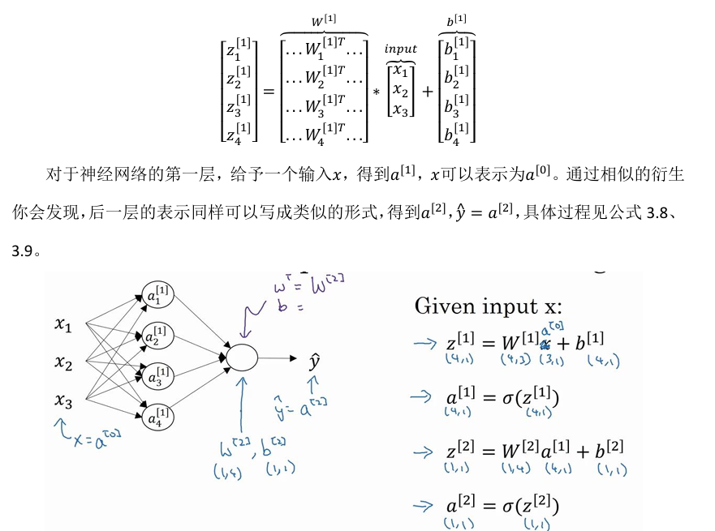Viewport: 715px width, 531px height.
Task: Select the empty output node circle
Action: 241,357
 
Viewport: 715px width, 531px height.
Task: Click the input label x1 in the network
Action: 63,325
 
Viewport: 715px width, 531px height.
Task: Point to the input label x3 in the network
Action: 63,400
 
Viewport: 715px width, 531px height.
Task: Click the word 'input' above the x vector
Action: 400,49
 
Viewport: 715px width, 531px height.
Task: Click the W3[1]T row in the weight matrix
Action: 324,107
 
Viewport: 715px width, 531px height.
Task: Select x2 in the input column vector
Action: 401,89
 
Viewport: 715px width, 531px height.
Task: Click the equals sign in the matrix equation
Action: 269,92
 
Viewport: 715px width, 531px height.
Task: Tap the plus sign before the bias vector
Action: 427,92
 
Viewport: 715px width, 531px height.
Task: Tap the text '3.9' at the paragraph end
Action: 22,251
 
